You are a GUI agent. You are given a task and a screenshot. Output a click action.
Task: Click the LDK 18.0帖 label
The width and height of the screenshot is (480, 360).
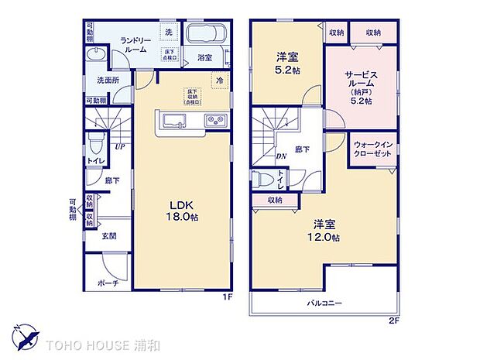click(x=183, y=211)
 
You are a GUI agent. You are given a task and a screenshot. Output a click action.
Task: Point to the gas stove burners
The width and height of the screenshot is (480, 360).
click(x=214, y=120)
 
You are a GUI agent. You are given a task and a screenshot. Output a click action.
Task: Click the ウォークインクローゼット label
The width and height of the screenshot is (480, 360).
click(x=375, y=149)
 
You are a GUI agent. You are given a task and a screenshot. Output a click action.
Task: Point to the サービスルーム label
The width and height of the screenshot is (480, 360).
click(x=358, y=84)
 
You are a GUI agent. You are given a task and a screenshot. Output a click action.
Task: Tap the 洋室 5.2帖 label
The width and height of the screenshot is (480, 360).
click(x=286, y=62)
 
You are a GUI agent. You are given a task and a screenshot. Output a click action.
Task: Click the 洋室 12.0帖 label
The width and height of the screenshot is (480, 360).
click(x=324, y=231)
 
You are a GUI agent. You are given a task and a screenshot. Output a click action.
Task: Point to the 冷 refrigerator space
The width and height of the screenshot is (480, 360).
click(x=220, y=79)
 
